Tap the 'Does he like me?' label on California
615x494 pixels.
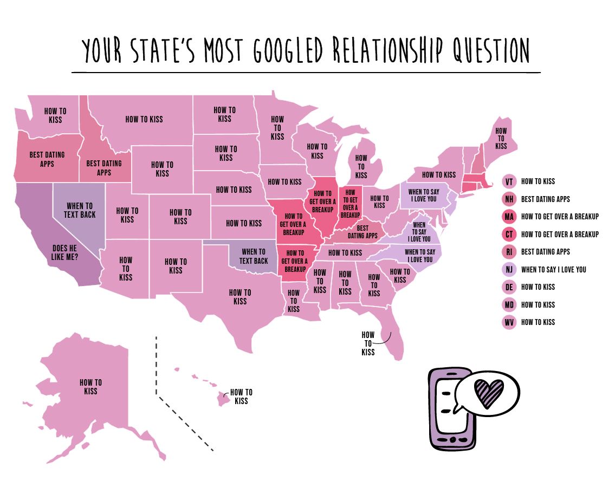[65, 252]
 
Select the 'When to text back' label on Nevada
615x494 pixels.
[80, 210]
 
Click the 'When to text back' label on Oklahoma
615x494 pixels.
[254, 256]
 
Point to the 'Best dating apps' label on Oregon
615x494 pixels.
[47, 159]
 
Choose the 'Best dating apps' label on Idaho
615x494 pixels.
[104, 167]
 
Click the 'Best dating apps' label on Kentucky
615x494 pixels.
[362, 232]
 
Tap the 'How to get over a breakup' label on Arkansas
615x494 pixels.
[295, 261]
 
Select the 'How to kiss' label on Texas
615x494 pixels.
[240, 297]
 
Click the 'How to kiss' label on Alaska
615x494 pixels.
[90, 386]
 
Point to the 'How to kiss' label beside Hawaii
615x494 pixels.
[241, 396]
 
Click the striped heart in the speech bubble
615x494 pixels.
[488, 390]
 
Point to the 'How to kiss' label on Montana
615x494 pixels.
[144, 119]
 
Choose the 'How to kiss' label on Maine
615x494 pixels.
[501, 138]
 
